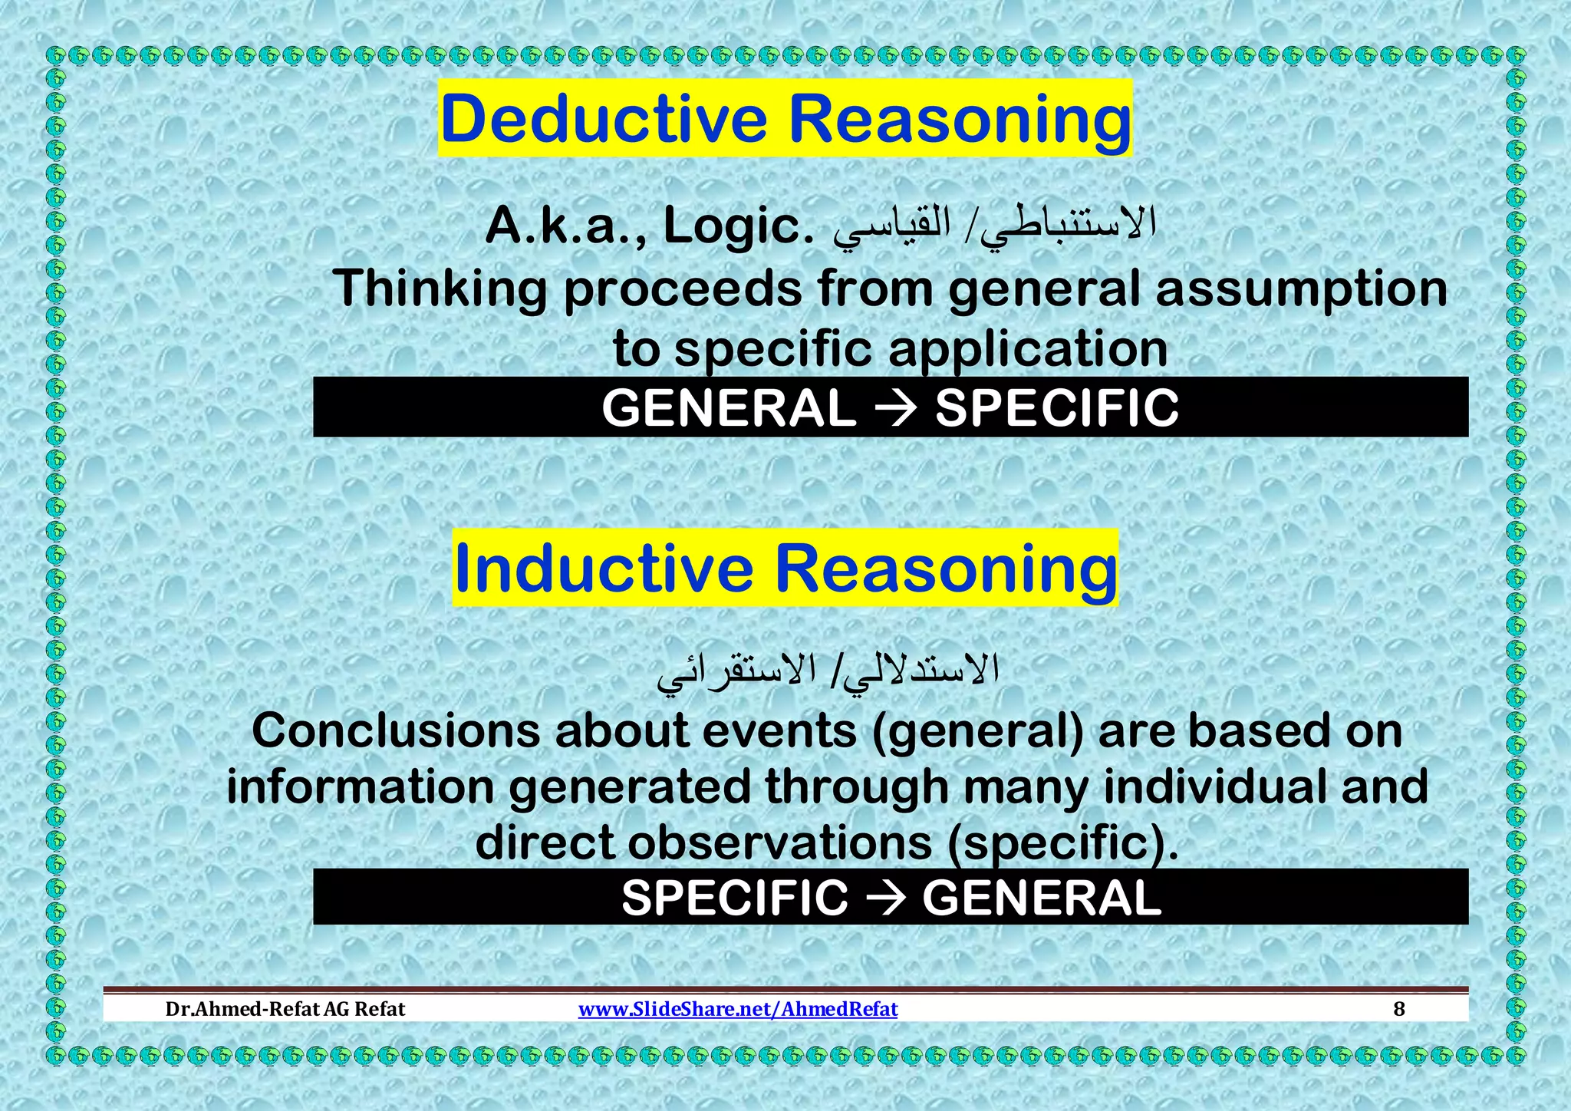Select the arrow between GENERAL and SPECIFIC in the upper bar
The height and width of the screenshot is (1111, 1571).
coord(895,407)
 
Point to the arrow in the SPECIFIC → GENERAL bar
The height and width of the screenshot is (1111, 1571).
coord(884,897)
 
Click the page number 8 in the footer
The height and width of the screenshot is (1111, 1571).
coord(1398,1008)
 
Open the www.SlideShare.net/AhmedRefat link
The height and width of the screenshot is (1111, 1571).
coord(737,1008)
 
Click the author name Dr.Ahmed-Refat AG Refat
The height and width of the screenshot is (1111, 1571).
coord(285,1008)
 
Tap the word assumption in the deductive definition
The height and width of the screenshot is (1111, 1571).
coord(1301,289)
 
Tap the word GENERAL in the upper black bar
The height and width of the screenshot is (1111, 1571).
coord(729,407)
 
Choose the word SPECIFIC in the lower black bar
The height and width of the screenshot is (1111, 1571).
coord(734,897)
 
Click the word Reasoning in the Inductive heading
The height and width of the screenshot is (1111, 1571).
coord(946,569)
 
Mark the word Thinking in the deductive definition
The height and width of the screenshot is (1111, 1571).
coord(440,289)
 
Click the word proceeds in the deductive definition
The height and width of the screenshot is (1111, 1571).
coord(683,289)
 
